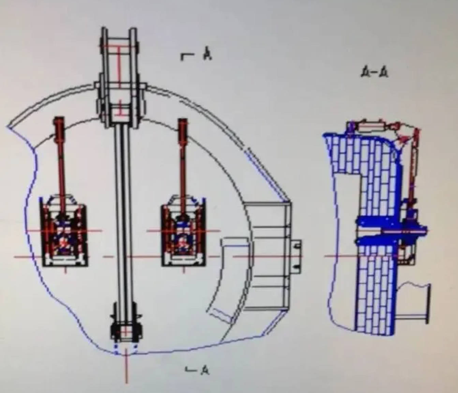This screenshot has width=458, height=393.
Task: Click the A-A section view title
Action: [x=374, y=72]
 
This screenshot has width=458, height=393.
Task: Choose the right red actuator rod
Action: [x=183, y=160]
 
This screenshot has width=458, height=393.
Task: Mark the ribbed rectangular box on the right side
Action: [x=269, y=256]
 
